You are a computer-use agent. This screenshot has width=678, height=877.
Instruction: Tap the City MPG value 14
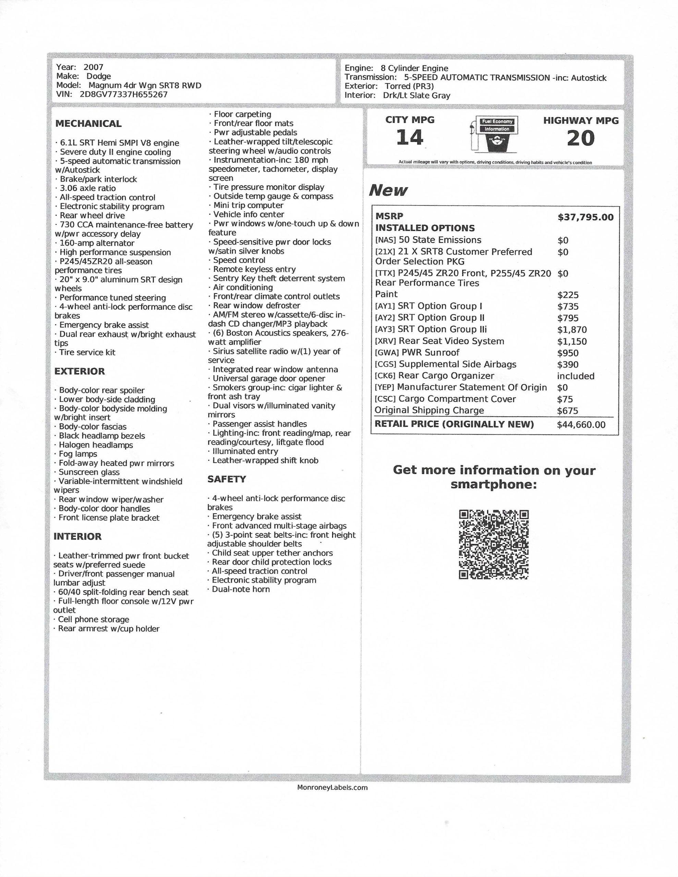(x=410, y=137)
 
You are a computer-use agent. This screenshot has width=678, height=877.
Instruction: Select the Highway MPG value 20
(x=580, y=138)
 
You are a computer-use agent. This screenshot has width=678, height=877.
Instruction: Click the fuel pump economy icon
(x=494, y=134)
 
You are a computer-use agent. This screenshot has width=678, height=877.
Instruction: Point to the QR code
(x=494, y=544)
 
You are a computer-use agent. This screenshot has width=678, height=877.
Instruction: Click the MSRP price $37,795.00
(x=585, y=218)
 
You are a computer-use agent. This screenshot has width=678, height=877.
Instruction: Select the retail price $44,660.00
(x=581, y=425)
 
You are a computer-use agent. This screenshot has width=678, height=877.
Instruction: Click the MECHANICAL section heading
(x=88, y=124)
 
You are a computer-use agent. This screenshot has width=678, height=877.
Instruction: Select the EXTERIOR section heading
(x=80, y=371)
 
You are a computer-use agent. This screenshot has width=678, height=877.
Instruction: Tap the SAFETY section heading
(x=227, y=479)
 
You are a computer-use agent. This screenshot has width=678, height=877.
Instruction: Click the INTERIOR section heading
(x=77, y=536)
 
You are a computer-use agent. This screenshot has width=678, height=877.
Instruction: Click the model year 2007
(x=93, y=67)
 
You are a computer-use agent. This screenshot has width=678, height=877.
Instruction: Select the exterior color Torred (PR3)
(x=409, y=86)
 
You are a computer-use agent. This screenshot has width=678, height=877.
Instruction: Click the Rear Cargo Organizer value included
(x=576, y=376)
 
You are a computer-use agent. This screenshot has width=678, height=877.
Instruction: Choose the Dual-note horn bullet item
(x=240, y=590)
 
